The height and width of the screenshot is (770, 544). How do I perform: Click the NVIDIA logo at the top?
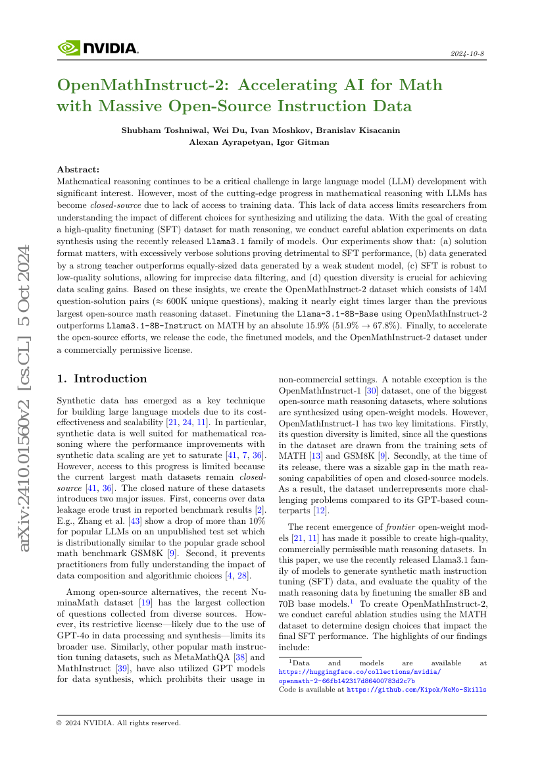coord(98,48)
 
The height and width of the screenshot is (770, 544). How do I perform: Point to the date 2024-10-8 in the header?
coord(468,53)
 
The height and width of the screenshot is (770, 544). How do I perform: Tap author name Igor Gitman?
coord(303,141)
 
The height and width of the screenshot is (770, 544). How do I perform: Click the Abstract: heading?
coord(78,169)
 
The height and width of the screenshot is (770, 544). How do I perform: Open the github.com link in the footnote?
coord(417,689)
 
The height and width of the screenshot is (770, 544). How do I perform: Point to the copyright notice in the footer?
coord(119,723)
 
